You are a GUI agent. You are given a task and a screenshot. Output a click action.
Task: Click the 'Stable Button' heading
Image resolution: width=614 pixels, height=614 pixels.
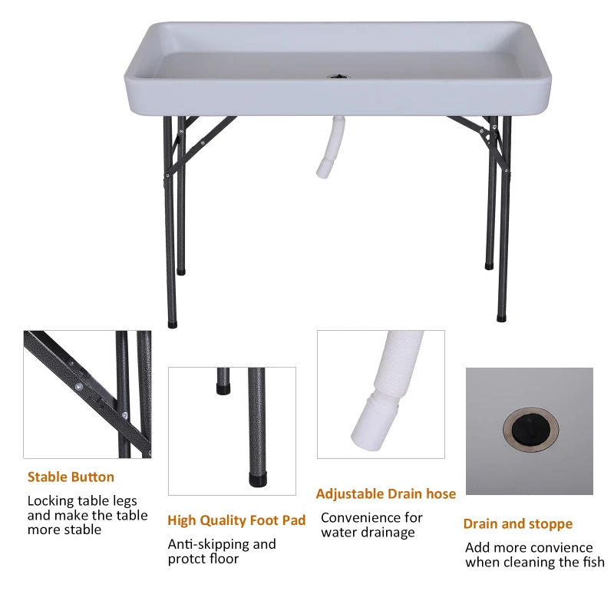(x=71, y=477)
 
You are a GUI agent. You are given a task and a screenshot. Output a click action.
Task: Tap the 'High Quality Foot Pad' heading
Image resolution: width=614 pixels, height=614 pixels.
(x=236, y=520)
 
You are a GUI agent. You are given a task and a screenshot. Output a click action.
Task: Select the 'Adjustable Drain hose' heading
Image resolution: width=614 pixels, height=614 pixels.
(x=386, y=494)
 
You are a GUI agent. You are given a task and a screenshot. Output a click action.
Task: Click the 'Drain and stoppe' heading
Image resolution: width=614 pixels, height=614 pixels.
(x=517, y=524)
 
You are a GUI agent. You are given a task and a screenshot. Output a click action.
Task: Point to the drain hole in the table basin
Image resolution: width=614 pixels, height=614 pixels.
(x=337, y=77)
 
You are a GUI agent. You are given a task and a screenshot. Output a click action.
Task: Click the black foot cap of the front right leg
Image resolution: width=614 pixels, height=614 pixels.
(x=502, y=315)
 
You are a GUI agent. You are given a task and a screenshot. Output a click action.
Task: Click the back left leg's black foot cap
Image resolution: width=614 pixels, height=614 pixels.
(x=181, y=270)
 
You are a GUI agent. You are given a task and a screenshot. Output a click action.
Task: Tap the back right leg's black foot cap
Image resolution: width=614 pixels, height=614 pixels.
(x=489, y=266)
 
